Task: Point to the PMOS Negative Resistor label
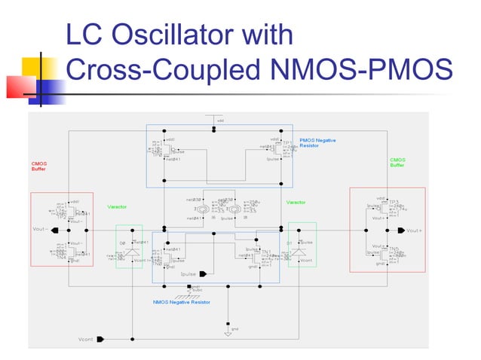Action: tap(317, 142)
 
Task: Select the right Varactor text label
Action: tap(296, 202)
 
